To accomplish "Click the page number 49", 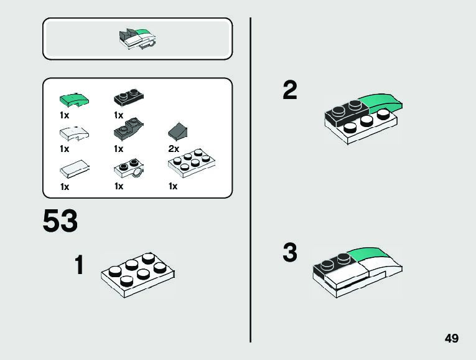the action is pos(452,338).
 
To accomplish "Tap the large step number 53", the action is pos(60,222).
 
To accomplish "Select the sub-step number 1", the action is pos(79,265).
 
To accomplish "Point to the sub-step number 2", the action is pos(290,91).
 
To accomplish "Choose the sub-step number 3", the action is pos(290,253).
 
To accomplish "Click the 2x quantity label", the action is pos(174,149).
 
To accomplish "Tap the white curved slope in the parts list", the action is pos(74,132).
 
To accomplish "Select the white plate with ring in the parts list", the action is pos(129,169).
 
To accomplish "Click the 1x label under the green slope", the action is pos(65,115).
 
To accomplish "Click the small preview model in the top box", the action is pos(138,39).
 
